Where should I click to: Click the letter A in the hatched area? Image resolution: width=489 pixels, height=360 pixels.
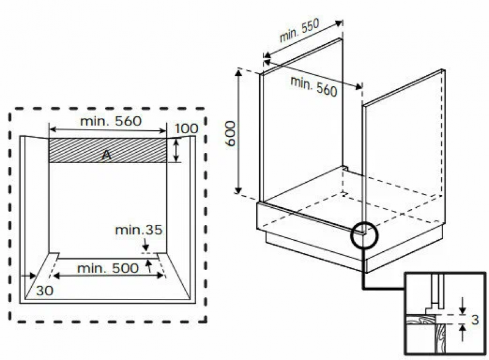tap(106, 155)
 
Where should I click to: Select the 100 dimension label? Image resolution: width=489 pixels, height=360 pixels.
tap(186, 128)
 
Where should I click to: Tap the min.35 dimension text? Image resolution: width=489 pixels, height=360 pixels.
tap(139, 230)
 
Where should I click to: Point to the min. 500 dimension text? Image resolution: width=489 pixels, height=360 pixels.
tap(108, 268)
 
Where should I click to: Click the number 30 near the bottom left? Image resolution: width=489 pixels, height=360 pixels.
tap(45, 291)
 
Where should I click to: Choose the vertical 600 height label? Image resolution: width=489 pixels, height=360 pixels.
tap(230, 133)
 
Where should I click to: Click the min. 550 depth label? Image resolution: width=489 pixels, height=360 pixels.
tap(300, 31)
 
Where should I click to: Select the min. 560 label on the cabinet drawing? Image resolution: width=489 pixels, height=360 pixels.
tap(314, 86)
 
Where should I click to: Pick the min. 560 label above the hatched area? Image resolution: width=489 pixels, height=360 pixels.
tap(111, 121)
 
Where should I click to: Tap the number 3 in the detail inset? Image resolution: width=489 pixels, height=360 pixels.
tap(475, 320)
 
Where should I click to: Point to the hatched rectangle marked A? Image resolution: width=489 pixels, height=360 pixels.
tap(108, 150)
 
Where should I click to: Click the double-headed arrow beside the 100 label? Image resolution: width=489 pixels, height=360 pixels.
tap(176, 150)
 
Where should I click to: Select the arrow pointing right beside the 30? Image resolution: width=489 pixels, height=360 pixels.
tap(28, 276)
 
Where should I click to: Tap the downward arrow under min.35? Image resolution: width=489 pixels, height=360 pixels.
tap(145, 244)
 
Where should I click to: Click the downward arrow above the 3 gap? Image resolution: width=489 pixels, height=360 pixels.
tap(463, 306)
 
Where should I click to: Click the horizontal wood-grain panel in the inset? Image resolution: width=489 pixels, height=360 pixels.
tap(420, 320)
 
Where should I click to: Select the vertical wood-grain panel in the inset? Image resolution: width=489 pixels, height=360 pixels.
tap(440, 339)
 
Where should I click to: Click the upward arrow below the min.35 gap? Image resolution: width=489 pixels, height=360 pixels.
tap(149, 266)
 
